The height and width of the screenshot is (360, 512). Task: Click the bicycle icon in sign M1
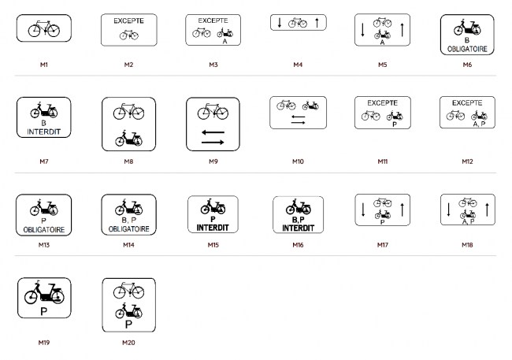tap(44, 28)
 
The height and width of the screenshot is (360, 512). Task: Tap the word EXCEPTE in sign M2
tap(128, 21)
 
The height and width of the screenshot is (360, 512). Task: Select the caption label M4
tap(298, 65)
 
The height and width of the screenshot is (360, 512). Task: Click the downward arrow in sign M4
tap(280, 23)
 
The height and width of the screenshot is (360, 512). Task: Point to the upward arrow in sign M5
tap(403, 30)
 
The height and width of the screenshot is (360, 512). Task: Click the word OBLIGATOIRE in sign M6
tap(467, 49)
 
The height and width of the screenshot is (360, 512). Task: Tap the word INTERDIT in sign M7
tap(44, 132)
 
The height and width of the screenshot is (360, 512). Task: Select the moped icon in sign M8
tap(128, 138)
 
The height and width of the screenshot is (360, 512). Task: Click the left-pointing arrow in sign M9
tap(213, 132)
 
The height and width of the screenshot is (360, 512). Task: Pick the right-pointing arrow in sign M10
tap(298, 123)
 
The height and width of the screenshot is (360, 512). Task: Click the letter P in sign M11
tap(395, 124)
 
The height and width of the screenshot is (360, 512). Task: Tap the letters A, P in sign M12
tap(479, 124)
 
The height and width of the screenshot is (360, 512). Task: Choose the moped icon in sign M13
tap(44, 207)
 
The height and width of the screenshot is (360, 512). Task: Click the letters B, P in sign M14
tap(128, 221)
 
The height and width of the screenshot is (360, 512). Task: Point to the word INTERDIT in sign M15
tap(213, 228)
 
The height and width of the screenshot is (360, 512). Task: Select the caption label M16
tap(298, 245)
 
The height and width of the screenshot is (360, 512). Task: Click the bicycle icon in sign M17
tap(382, 203)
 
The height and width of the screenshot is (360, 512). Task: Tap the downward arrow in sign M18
tap(449, 210)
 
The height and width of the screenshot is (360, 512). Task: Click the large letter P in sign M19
tap(44, 312)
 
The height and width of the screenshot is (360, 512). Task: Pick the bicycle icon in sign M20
tap(128, 290)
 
